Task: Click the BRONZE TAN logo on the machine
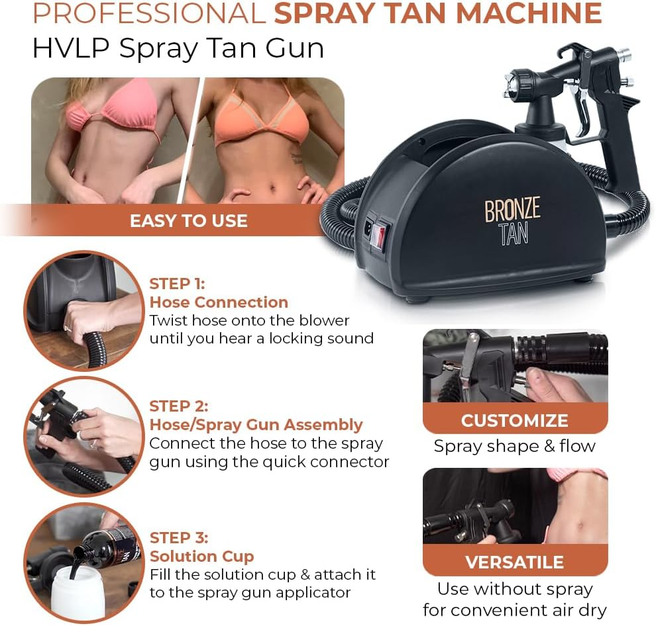[x=512, y=222]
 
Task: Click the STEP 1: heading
[x=177, y=284]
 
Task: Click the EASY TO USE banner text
[x=188, y=220]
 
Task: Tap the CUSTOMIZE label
[x=514, y=421]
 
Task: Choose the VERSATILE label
[x=514, y=562]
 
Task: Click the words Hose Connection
[x=219, y=302]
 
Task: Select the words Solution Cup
[x=201, y=556]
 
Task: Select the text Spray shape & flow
[x=514, y=446]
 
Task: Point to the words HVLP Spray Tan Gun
[x=178, y=48]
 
